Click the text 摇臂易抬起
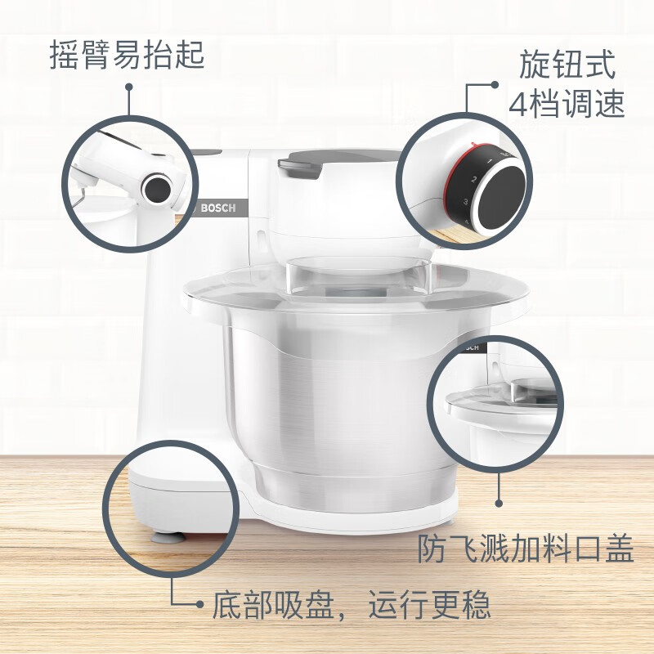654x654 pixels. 127,56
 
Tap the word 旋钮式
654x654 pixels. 567,65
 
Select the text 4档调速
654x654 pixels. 567,104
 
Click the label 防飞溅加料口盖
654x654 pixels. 526,549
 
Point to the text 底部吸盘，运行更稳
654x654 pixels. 352,605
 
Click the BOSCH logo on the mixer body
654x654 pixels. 218,208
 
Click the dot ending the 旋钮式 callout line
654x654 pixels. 495,84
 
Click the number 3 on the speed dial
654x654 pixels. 466,201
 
